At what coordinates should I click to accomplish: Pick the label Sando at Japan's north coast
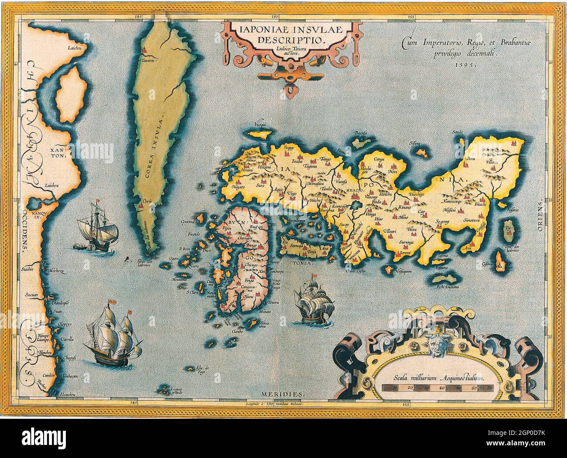457,131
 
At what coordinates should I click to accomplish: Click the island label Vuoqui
261,124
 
